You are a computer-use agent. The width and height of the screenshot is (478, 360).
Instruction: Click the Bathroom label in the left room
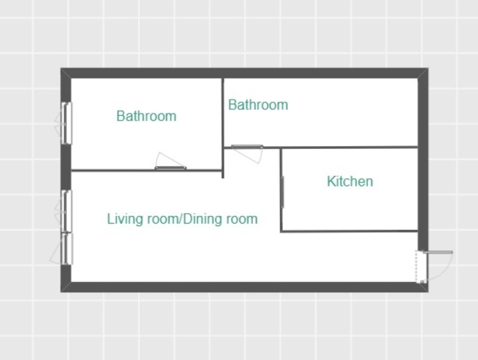click(x=146, y=116)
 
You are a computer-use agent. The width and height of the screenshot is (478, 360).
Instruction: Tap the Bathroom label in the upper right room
click(x=259, y=104)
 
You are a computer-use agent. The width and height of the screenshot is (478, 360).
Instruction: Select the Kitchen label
click(x=350, y=181)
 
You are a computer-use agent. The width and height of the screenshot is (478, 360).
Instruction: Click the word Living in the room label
click(x=125, y=219)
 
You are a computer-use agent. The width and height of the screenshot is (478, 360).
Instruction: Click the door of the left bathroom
click(x=171, y=168)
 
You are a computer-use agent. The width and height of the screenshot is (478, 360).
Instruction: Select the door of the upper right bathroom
click(x=247, y=147)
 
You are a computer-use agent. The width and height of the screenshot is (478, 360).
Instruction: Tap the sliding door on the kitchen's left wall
click(x=282, y=192)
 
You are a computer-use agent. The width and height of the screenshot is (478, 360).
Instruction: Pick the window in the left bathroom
click(x=66, y=123)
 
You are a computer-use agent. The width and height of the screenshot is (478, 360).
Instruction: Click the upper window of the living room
click(x=66, y=211)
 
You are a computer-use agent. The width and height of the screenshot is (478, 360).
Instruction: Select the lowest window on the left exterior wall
click(x=67, y=249)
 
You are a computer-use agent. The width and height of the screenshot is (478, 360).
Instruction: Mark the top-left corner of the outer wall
click(x=61, y=68)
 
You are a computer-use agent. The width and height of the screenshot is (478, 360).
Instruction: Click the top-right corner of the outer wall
click(x=428, y=68)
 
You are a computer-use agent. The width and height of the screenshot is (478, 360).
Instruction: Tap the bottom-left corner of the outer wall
click(x=61, y=292)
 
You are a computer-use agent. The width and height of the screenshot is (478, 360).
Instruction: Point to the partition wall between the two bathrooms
click(x=223, y=128)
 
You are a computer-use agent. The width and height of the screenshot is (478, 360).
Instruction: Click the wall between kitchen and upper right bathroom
click(x=349, y=148)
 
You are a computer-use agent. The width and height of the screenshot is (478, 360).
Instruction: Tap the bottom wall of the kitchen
click(x=349, y=231)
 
